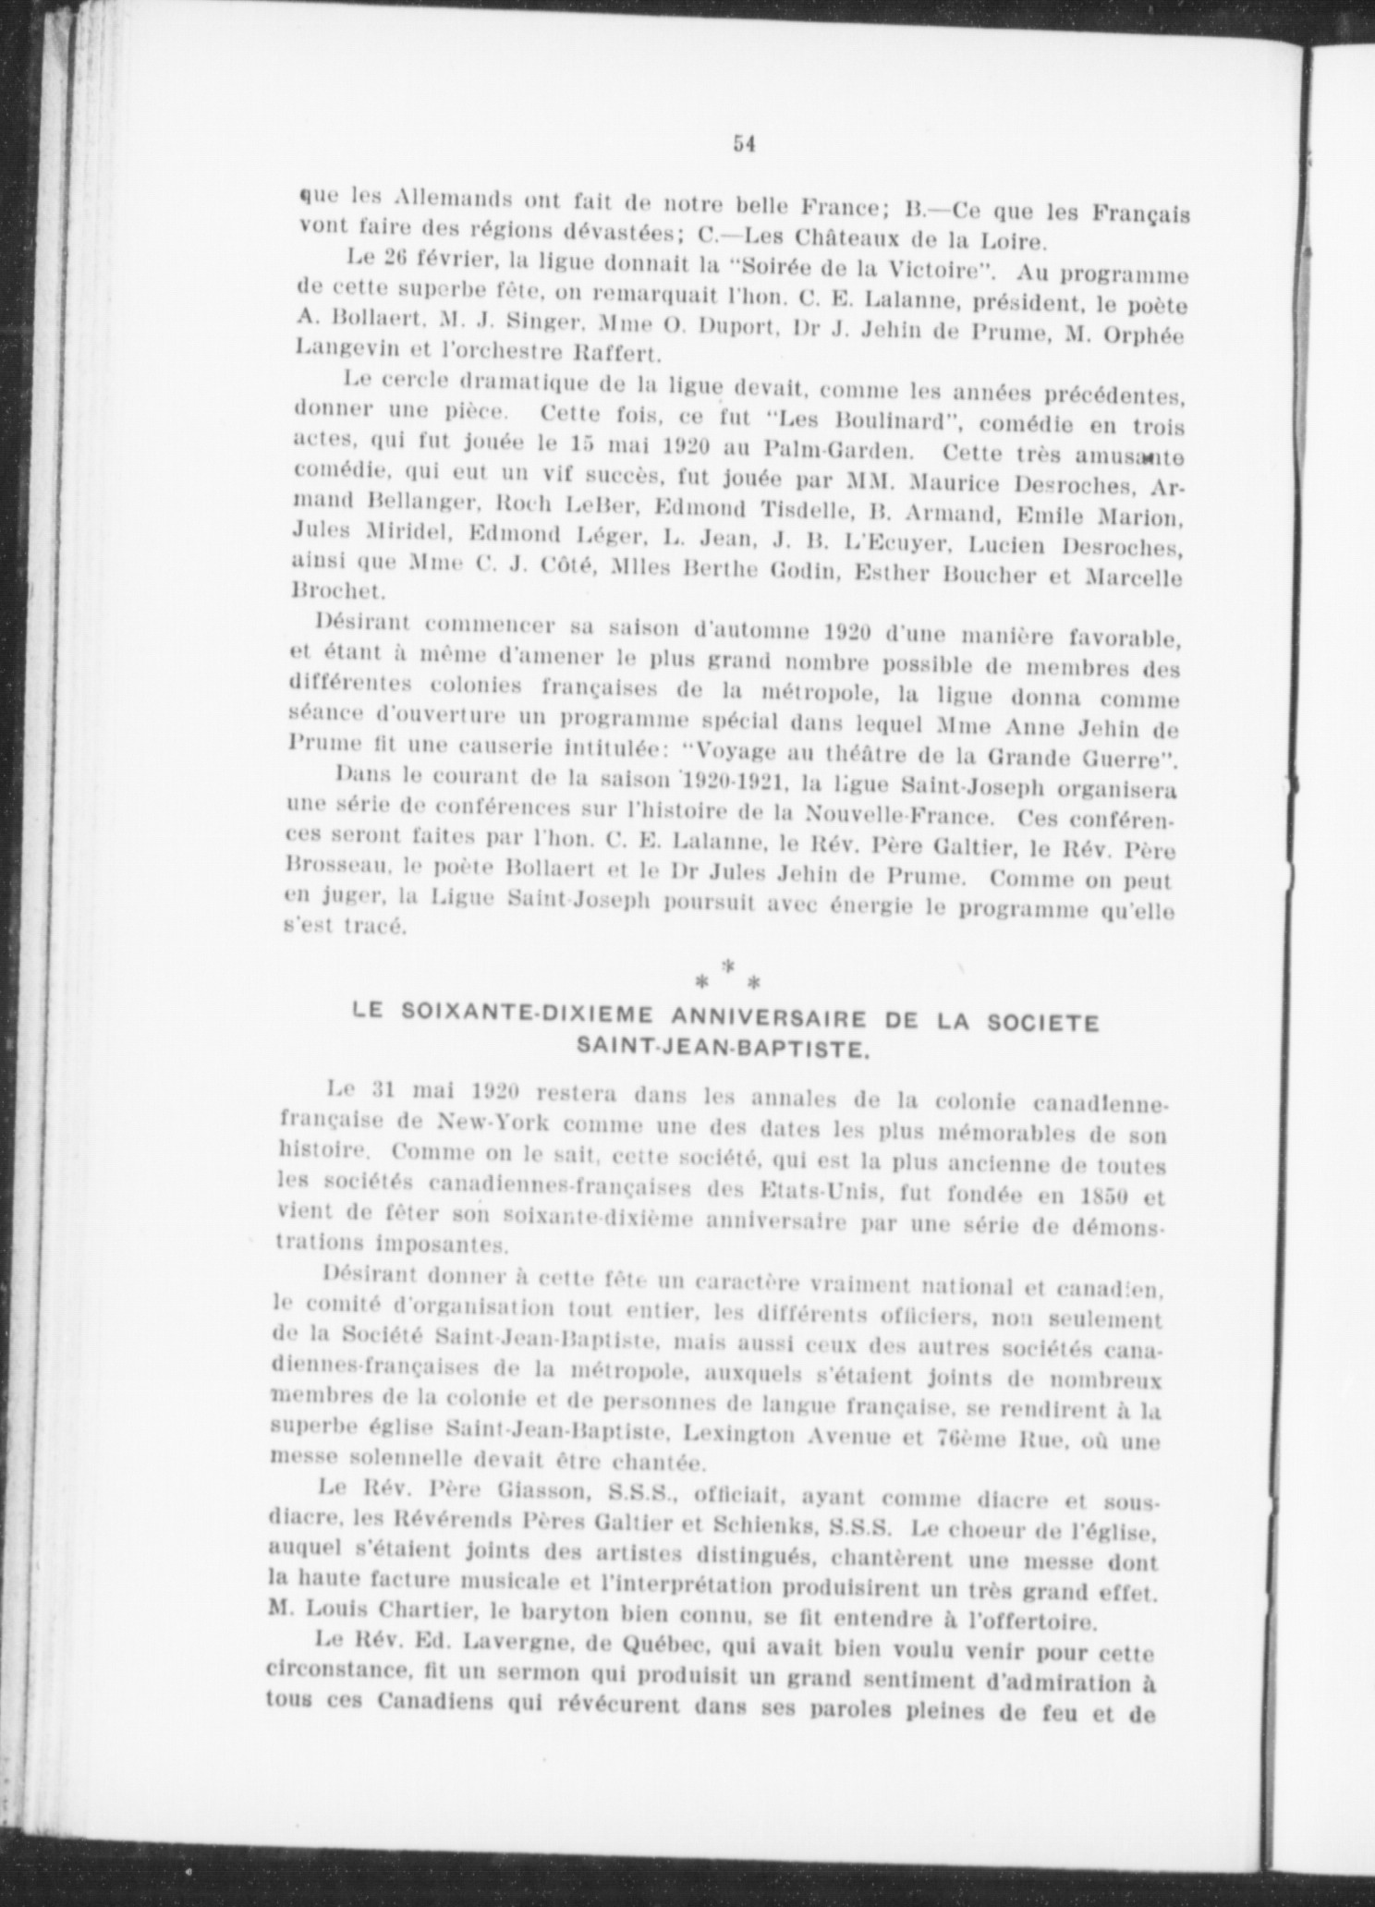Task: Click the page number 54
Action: coord(745,143)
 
